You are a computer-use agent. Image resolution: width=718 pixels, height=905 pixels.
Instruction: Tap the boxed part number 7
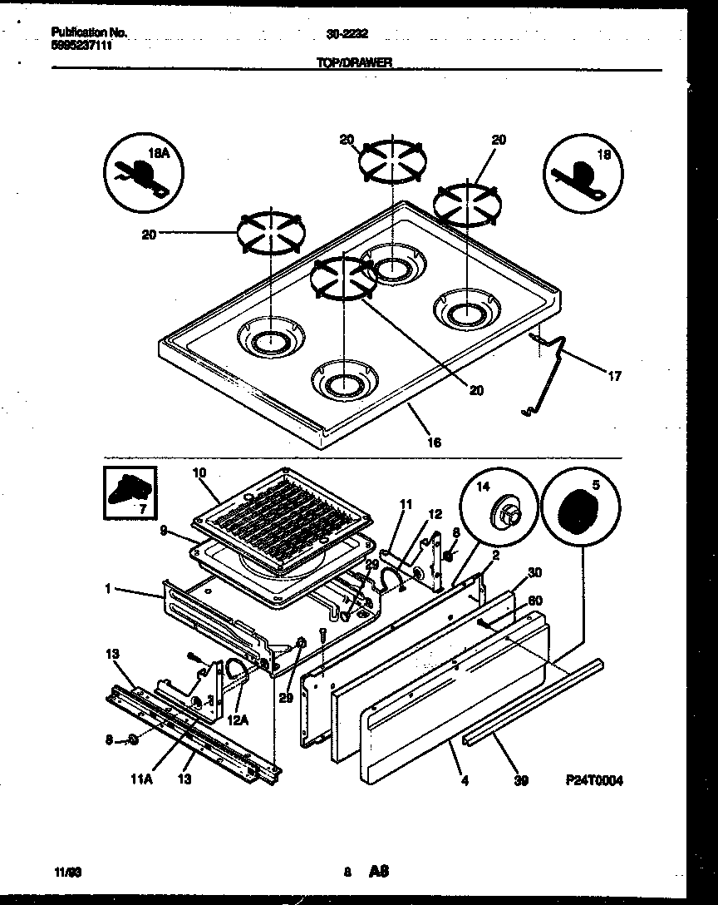(x=130, y=492)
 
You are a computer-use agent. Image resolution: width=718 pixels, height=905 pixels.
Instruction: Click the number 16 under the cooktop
(x=433, y=443)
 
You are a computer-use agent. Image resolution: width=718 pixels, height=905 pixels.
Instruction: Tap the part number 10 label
(x=199, y=473)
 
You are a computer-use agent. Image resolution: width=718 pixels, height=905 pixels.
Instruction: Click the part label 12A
(x=238, y=720)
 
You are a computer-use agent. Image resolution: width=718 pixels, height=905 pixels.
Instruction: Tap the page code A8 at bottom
(x=380, y=872)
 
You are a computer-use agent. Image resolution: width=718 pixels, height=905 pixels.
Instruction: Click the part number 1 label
(x=107, y=590)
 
